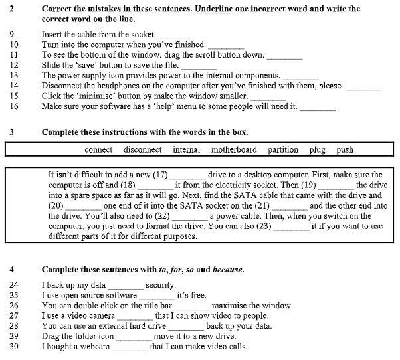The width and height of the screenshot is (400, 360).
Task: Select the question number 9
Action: [x=14, y=34]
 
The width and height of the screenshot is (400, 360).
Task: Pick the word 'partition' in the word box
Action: [x=283, y=150]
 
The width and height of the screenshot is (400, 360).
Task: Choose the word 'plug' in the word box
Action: [x=318, y=150]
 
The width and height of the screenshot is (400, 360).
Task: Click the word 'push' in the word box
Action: [x=345, y=150]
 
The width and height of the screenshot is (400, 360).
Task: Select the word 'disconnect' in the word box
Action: [x=143, y=150]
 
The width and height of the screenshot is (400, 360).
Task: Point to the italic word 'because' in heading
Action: [x=227, y=270]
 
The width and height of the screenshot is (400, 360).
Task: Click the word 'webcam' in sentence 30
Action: [x=97, y=347]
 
